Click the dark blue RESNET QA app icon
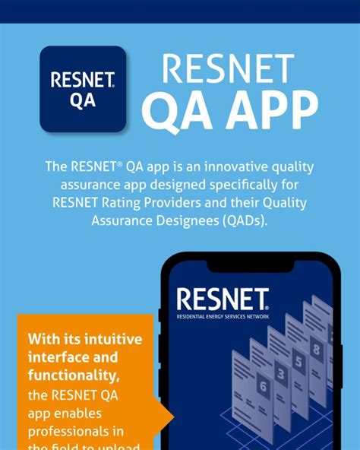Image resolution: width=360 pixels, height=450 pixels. tap(83, 89)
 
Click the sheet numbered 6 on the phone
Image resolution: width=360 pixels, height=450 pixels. tap(264, 385)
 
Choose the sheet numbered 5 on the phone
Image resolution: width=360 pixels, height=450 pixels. tap(298, 360)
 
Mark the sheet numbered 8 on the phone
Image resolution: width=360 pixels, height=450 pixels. tap(316, 350)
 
